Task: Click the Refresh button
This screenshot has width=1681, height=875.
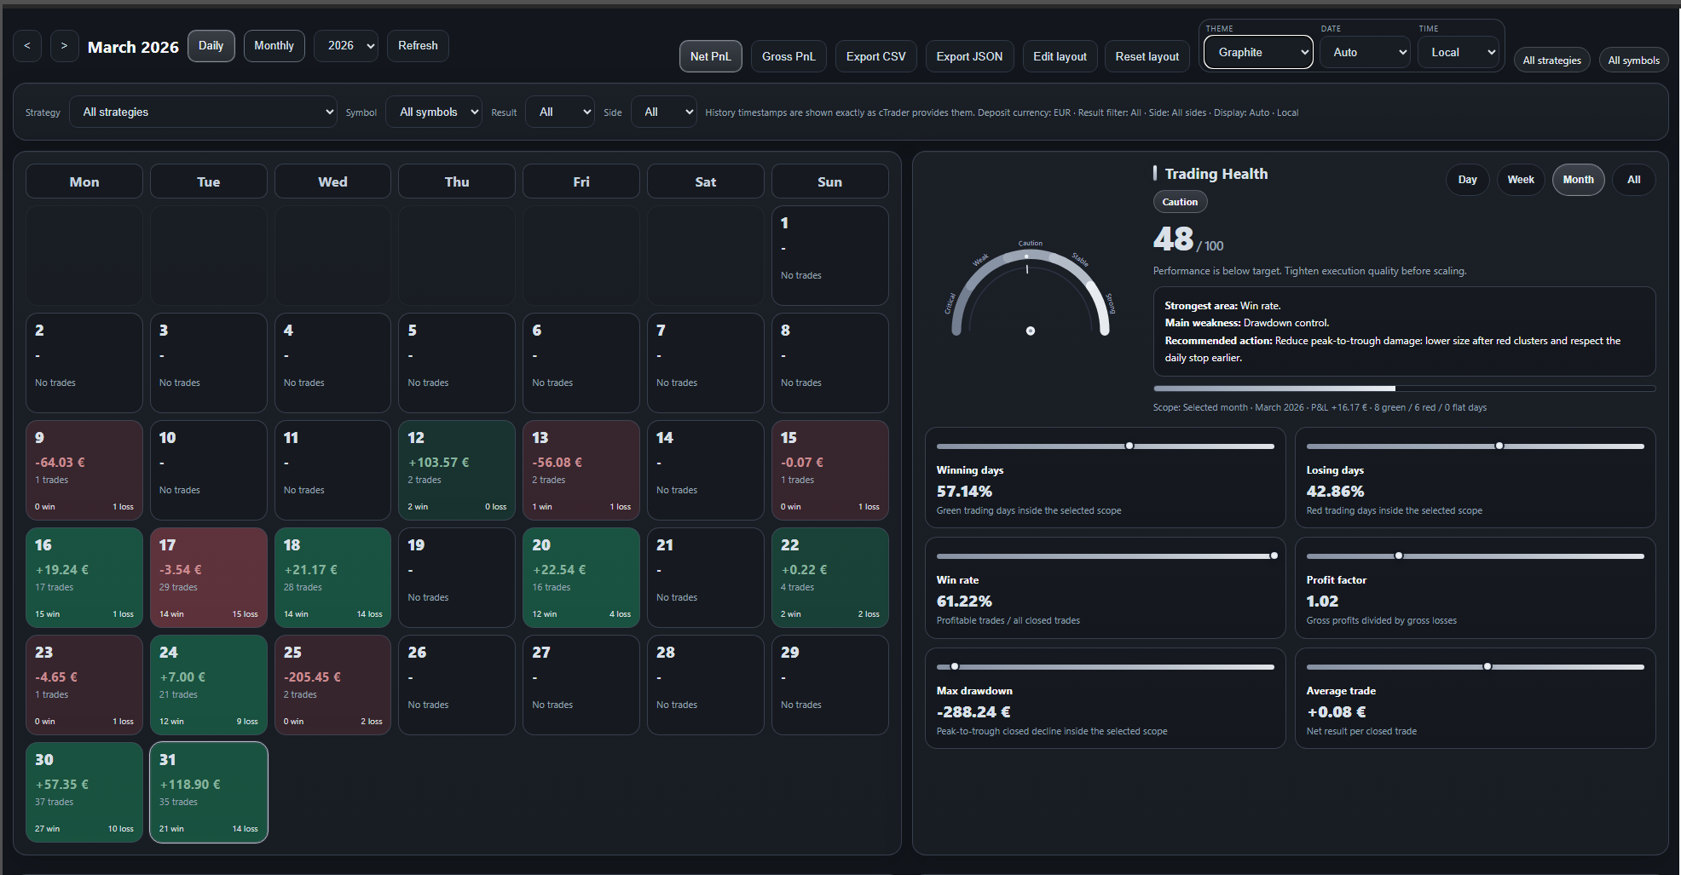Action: point(418,46)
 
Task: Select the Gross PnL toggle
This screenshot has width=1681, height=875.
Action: point(788,57)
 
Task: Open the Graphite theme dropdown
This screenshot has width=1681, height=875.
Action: point(1257,53)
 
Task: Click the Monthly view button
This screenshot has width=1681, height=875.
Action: point(274,46)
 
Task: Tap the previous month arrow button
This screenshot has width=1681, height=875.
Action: point(27,46)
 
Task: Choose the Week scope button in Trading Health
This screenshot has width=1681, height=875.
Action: point(1520,180)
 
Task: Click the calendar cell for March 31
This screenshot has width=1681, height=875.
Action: point(209,792)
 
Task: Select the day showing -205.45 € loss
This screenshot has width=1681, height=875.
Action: point(332,685)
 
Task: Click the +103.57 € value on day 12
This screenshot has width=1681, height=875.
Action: point(439,463)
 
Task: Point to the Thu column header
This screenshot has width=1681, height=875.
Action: point(457,182)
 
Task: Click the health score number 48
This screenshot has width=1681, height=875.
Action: point(1173,239)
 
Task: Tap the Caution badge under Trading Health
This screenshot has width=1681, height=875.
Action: point(1180,202)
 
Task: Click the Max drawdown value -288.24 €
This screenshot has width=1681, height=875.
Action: point(973,712)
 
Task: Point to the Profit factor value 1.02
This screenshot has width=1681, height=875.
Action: point(1322,602)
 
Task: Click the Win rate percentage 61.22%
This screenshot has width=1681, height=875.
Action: point(964,602)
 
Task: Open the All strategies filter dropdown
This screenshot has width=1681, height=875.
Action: point(205,112)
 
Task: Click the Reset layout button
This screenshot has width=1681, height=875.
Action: point(1147,57)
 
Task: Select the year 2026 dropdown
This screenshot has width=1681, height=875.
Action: point(346,46)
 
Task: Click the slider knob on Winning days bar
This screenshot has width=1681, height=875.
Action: point(1129,446)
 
